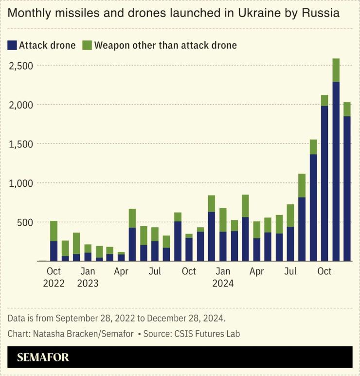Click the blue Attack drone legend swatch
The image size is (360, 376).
point(12,46)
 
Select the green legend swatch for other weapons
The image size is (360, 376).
point(87,46)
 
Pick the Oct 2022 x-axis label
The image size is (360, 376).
point(54,277)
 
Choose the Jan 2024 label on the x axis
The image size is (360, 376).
point(223,277)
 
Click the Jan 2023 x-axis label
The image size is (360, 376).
point(88,277)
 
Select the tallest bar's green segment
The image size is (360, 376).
point(336,70)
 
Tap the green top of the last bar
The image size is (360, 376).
point(347,109)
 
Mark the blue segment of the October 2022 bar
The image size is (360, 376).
point(54,251)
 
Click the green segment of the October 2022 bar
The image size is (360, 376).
point(54,231)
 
